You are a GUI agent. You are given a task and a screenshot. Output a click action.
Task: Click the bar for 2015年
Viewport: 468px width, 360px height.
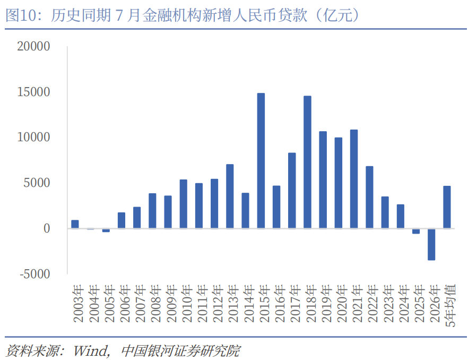(261, 161)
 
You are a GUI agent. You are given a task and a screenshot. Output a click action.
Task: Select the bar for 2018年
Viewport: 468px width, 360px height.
(307, 162)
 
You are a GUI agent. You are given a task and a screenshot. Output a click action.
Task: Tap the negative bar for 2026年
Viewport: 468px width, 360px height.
(431, 244)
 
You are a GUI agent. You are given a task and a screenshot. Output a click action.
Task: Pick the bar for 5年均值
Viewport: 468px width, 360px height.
(447, 207)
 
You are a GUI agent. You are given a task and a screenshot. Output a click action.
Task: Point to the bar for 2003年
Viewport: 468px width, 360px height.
(75, 225)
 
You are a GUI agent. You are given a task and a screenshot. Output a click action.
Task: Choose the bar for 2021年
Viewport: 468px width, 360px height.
(354, 179)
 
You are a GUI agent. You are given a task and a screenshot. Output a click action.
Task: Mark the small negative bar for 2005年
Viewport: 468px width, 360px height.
(106, 230)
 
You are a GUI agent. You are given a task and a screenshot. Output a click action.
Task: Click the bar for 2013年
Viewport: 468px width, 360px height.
(230, 196)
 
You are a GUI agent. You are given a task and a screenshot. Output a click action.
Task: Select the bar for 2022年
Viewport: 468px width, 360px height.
(369, 197)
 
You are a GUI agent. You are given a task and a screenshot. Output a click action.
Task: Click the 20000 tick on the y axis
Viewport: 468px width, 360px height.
(33, 46)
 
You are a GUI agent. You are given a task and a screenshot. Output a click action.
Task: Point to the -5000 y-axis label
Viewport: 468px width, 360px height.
(34, 274)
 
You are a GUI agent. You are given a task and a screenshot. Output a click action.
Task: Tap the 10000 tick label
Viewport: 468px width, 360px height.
(33, 137)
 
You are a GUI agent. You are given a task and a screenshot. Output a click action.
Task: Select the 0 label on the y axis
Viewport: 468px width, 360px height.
(47, 228)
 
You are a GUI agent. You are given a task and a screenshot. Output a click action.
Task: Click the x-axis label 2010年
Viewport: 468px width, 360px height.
(187, 303)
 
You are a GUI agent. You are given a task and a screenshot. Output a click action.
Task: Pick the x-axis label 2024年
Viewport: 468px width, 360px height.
(404, 303)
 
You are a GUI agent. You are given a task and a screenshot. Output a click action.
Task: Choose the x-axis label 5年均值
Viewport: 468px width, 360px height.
(450, 305)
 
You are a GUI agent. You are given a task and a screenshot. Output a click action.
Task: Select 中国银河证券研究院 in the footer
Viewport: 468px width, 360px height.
(180, 351)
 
